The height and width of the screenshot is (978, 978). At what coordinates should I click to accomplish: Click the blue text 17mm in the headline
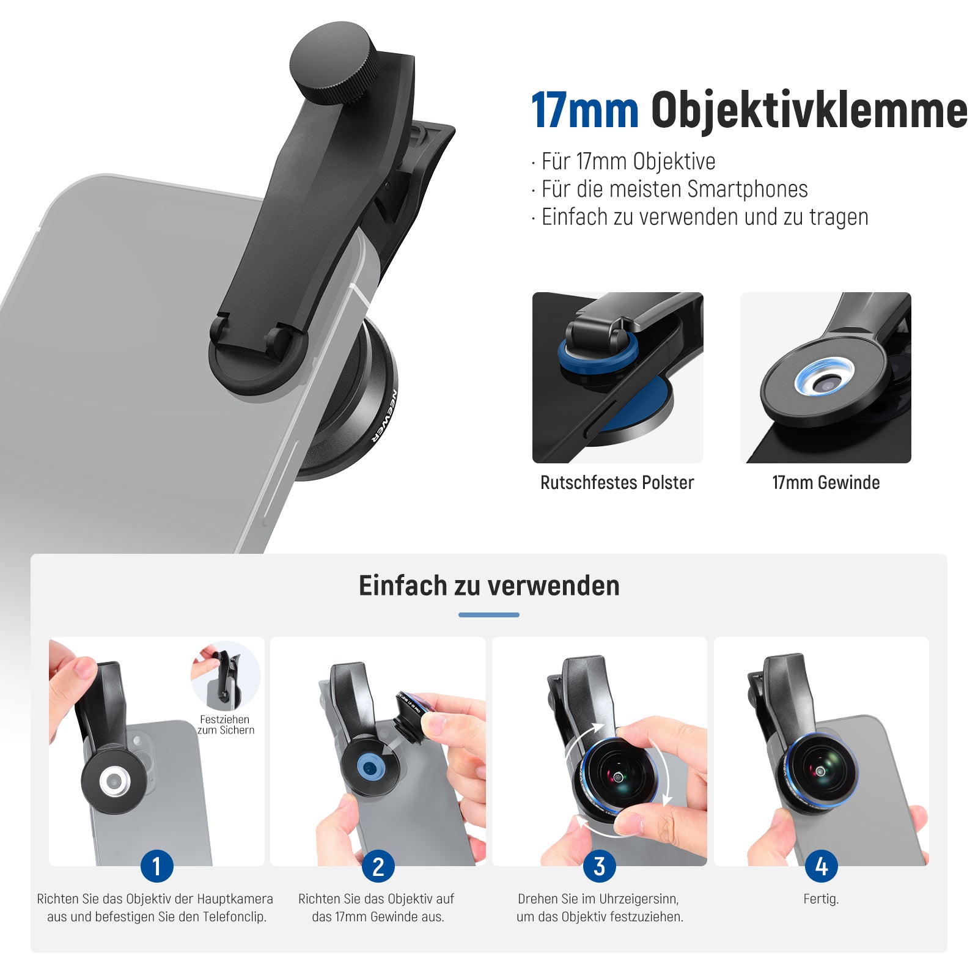[x=585, y=111]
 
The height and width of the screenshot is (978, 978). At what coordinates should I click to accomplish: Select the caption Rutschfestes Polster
[x=617, y=483]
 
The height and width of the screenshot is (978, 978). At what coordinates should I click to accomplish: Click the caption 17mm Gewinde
[x=826, y=483]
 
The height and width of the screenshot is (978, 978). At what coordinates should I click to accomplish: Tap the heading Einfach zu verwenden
[x=489, y=586]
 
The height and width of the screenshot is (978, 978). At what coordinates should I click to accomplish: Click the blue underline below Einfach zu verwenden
[x=489, y=615]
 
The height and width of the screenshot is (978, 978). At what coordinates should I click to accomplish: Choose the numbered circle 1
[x=156, y=866]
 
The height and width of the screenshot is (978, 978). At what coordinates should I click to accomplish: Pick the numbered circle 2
[x=378, y=866]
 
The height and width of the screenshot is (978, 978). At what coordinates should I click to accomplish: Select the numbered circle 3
[x=600, y=866]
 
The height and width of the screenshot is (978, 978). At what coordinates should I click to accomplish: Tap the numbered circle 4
[x=822, y=866]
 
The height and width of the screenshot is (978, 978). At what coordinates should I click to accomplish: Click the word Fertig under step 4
[x=821, y=899]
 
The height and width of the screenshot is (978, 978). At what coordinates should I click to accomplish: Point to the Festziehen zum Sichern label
[x=226, y=725]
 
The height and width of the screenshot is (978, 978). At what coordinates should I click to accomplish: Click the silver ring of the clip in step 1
[x=115, y=782]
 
